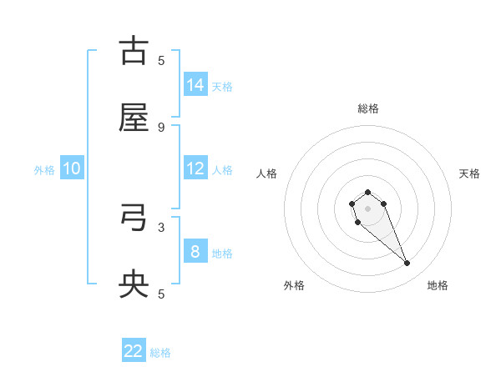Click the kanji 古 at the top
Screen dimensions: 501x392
pos(134,51)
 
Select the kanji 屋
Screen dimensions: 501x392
pos(134,118)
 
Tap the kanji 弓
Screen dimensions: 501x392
pos(134,219)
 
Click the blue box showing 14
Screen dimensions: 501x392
pos(195,85)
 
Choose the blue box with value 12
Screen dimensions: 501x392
pos(195,168)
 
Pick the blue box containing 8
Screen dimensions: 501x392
pos(195,252)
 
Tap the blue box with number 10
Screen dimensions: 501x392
pos(72,168)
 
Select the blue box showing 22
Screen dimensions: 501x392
pos(134,351)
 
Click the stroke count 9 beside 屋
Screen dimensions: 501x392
pos(161,127)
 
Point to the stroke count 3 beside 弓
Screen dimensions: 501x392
pos(161,227)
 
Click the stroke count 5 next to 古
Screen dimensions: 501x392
pos(161,60)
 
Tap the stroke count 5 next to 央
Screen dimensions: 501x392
pos(161,294)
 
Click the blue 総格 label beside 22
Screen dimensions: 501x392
pos(160,353)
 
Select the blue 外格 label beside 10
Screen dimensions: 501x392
pos(44,170)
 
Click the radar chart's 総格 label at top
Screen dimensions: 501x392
pos(367,108)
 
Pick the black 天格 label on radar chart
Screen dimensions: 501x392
pos(469,173)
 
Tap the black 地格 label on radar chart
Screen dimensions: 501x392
pos(438,285)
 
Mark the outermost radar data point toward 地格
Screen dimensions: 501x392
pos(407,264)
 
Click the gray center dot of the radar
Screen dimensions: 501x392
pos(367,208)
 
